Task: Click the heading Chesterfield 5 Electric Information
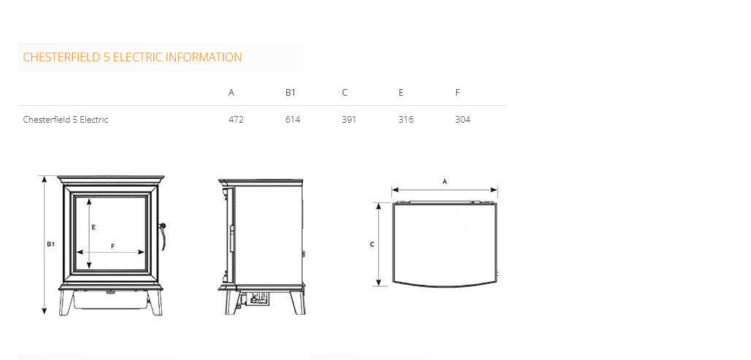pos(132,57)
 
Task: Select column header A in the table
pos(231,93)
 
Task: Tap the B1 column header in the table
pos(290,93)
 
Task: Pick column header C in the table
pos(344,93)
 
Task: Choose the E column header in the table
pos(401,93)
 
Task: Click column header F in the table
pos(458,93)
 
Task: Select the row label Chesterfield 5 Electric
pos(66,119)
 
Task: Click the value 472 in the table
pos(236,119)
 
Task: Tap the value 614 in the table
pos(293,119)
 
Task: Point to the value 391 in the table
pos(349,119)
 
